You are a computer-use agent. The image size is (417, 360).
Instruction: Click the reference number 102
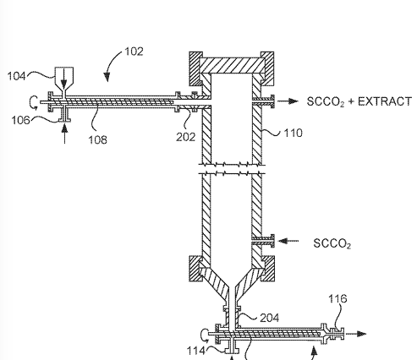pyautogui.click(x=134, y=52)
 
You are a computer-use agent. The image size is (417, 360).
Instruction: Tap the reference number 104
pyautogui.click(x=16, y=76)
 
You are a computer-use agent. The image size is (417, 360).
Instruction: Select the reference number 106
pyautogui.click(x=20, y=120)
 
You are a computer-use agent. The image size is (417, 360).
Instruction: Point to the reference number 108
pyautogui.click(x=98, y=139)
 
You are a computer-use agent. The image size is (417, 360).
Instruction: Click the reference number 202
pyautogui.click(x=186, y=137)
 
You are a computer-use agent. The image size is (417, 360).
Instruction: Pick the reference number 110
pyautogui.click(x=294, y=133)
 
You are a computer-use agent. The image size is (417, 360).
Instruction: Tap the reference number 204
pyautogui.click(x=270, y=318)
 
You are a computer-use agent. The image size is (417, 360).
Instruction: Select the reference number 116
pyautogui.click(x=337, y=298)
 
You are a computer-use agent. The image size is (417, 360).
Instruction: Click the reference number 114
pyautogui.click(x=196, y=351)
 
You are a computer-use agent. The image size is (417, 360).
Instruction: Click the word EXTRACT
pyautogui.click(x=385, y=101)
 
